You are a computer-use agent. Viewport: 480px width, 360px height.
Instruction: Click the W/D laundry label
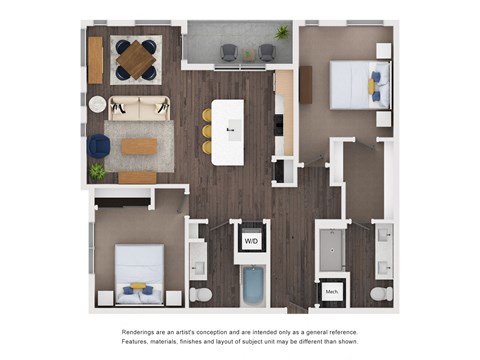click(x=251, y=240)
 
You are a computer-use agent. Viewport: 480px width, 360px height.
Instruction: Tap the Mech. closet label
click(x=331, y=292)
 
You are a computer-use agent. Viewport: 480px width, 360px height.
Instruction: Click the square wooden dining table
click(x=135, y=59)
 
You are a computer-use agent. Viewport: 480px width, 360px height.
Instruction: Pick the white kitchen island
click(x=228, y=131)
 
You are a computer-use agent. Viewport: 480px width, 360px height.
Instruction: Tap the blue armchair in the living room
click(x=99, y=146)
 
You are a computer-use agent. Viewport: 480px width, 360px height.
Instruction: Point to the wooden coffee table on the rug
click(x=139, y=146)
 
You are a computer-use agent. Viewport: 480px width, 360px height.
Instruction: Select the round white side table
click(x=98, y=104)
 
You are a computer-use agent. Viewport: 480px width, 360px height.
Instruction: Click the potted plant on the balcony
click(x=282, y=33)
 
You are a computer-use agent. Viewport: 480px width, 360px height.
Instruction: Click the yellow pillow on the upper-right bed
click(x=373, y=87)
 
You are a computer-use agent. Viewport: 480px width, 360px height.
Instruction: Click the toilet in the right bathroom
click(x=380, y=294)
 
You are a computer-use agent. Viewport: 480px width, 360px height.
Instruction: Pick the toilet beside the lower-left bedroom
click(x=201, y=295)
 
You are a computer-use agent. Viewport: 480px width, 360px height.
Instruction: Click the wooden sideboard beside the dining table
click(x=95, y=60)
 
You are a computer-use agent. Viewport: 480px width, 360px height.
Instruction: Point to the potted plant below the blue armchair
click(x=97, y=172)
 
